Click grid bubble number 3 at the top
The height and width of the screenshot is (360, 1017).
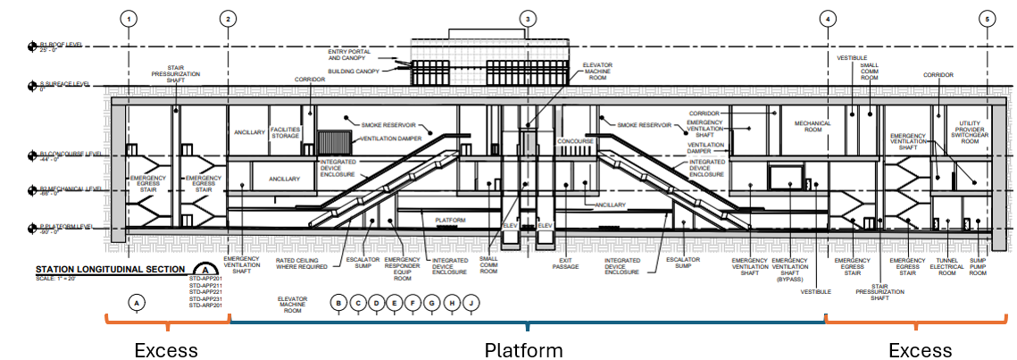(528, 18)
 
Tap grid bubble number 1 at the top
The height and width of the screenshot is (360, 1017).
(129, 18)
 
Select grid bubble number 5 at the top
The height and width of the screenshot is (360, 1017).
(987, 18)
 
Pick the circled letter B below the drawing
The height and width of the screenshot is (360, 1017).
(339, 303)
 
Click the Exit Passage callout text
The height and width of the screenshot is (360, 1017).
(564, 263)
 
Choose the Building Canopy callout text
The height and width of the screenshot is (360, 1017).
(354, 71)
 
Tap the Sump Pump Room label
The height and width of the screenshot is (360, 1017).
(979, 267)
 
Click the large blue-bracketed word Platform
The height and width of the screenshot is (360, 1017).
(523, 349)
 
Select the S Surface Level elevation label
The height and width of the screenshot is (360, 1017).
(64, 84)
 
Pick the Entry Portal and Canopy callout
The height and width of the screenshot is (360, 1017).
(354, 56)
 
